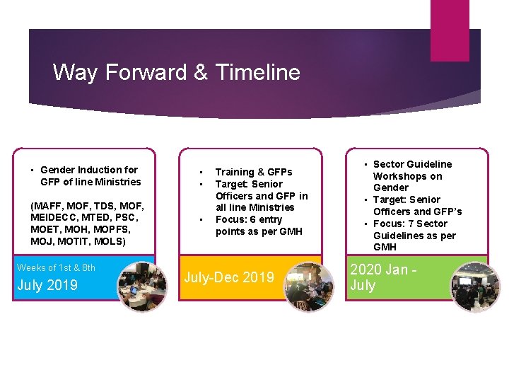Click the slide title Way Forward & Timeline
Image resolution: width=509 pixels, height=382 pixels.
[176, 72]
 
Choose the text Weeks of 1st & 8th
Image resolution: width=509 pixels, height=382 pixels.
[56, 267]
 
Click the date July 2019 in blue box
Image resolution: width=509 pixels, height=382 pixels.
[47, 285]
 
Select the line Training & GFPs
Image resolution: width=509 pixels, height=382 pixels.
[253, 172]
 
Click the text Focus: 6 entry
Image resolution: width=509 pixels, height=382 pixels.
[248, 219]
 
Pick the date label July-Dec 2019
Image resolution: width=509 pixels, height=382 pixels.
[229, 277]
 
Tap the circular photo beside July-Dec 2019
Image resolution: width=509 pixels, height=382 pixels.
[308, 286]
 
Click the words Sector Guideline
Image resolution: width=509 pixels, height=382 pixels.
[412, 164]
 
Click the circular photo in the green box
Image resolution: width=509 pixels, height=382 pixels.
[474, 286]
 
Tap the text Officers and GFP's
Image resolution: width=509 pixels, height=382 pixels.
[417, 212]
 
